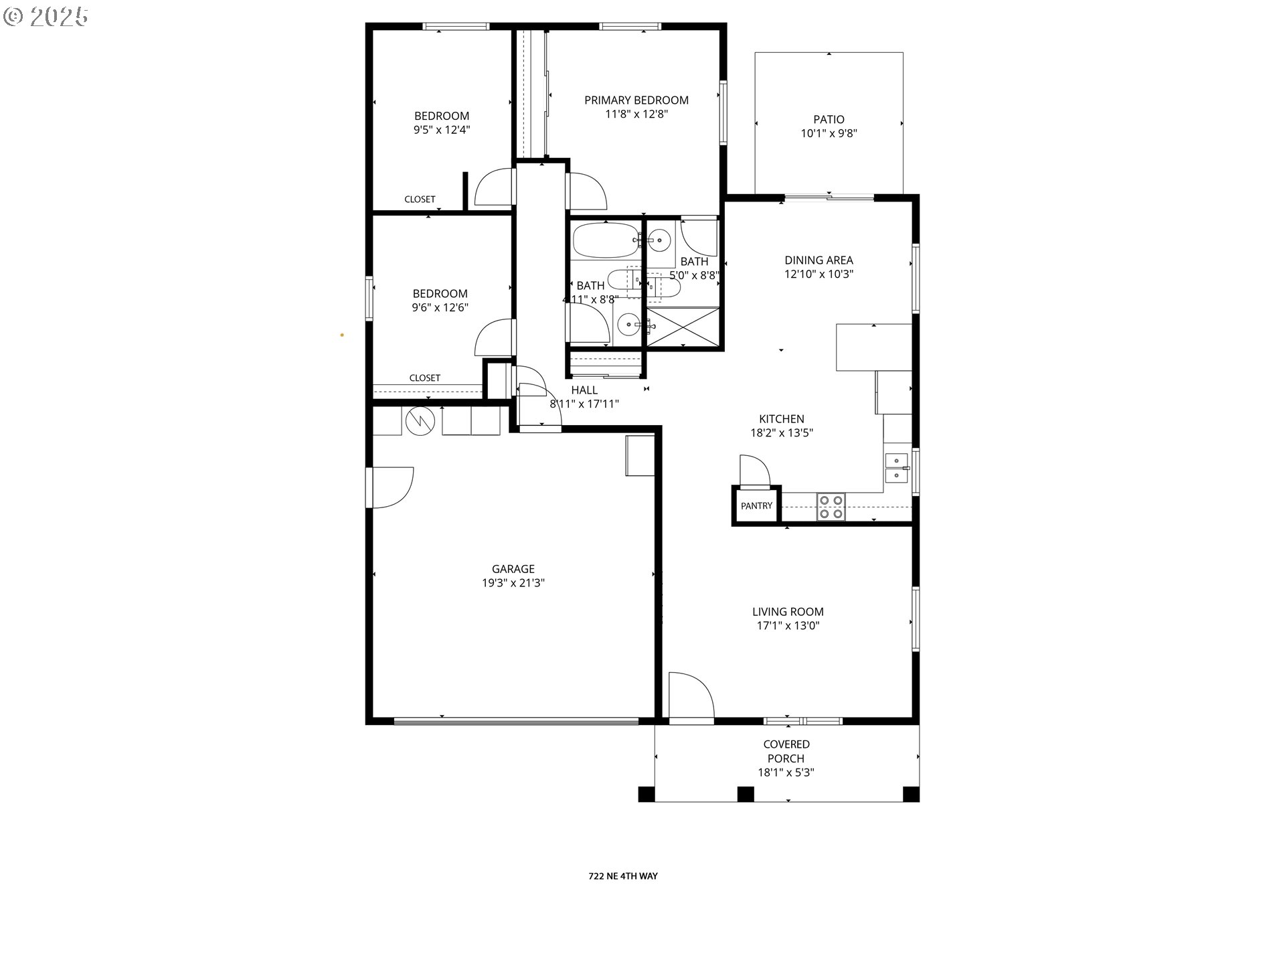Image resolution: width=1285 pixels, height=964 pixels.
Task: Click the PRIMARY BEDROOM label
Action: tap(636, 100)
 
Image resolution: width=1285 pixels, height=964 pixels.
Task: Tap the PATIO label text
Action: tap(829, 119)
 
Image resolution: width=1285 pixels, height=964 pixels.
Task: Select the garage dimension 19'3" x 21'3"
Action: tap(513, 583)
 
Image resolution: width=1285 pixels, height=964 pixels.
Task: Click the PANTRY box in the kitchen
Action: tap(756, 506)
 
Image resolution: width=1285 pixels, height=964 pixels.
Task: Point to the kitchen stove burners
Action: tap(831, 507)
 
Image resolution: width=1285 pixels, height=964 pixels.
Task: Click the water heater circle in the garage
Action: tap(420, 420)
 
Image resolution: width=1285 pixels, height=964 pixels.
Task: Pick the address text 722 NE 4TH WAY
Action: tap(623, 876)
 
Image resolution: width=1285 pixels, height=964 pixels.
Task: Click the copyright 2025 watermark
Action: tap(46, 17)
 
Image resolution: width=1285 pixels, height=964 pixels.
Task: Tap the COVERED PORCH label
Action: tap(786, 751)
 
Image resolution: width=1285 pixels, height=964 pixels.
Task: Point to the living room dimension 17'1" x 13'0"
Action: tap(788, 626)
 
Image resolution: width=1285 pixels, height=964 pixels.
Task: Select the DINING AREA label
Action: tap(819, 260)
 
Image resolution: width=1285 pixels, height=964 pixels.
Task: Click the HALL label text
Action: tap(584, 390)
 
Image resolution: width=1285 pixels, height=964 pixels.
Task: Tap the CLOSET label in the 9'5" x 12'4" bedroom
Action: tap(420, 199)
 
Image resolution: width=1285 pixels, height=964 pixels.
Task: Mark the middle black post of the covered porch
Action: tap(746, 794)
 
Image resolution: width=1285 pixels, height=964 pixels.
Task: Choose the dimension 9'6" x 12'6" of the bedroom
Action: tap(440, 308)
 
